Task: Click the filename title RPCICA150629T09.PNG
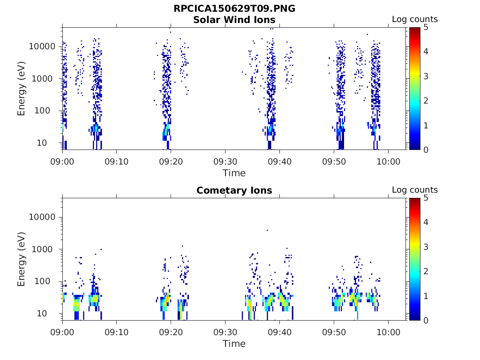234,8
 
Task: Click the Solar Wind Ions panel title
234,20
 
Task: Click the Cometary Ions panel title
234,190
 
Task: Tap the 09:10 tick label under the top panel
116,161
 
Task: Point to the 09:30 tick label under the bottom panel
225,332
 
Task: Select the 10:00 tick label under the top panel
388,161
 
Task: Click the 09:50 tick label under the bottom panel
334,332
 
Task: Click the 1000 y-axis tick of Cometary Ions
45,249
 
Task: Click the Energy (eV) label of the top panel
22,89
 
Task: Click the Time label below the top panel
234,173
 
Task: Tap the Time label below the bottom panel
234,344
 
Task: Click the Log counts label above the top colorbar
414,19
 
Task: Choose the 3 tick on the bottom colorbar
426,247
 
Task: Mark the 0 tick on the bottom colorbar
426,320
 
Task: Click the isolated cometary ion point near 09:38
267,230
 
